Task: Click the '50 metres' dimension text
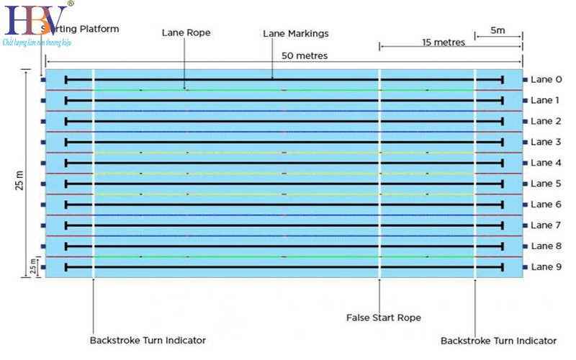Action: pyautogui.click(x=305, y=55)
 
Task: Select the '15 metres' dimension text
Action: pyautogui.click(x=444, y=42)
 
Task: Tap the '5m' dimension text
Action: pyautogui.click(x=498, y=31)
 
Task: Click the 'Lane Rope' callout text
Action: pyautogui.click(x=184, y=32)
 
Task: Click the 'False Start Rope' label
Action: pyautogui.click(x=383, y=317)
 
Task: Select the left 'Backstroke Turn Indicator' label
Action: pyautogui.click(x=148, y=340)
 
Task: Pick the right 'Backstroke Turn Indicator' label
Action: pyautogui.click(x=498, y=340)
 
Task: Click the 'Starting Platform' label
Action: pyautogui.click(x=83, y=29)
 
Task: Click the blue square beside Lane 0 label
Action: pyautogui.click(x=526, y=80)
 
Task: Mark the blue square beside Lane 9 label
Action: pyautogui.click(x=526, y=267)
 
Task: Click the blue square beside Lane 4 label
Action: pyautogui.click(x=526, y=163)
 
